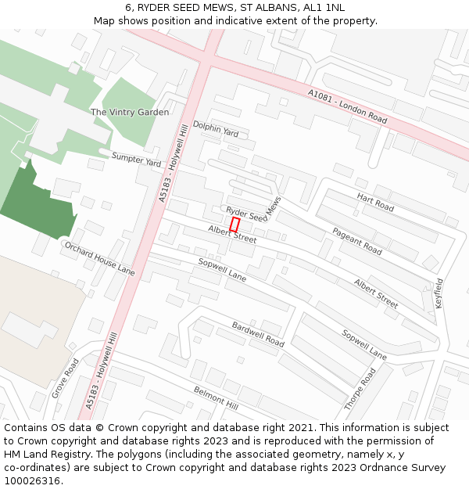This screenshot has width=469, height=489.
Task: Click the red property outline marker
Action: [234, 224]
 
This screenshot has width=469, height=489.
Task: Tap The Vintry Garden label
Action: [130, 113]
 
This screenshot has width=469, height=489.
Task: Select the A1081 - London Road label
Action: [348, 106]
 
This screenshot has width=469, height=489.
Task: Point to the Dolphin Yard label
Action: [216, 130]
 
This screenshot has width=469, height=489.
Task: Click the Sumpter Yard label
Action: [136, 160]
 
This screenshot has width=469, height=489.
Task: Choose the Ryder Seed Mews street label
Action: [253, 210]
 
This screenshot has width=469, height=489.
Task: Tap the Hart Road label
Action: [375, 203]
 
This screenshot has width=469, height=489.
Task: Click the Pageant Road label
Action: [357, 241]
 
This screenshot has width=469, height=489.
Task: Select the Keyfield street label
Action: [439, 292]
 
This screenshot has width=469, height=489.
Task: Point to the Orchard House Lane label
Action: [99, 258]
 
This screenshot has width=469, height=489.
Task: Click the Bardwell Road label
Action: [258, 334]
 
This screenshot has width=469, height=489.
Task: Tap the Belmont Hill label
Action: [216, 397]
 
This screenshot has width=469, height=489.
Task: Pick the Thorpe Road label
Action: [360, 390]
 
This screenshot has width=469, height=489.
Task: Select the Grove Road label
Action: [66, 379]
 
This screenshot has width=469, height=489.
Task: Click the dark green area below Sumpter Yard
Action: [39, 203]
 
